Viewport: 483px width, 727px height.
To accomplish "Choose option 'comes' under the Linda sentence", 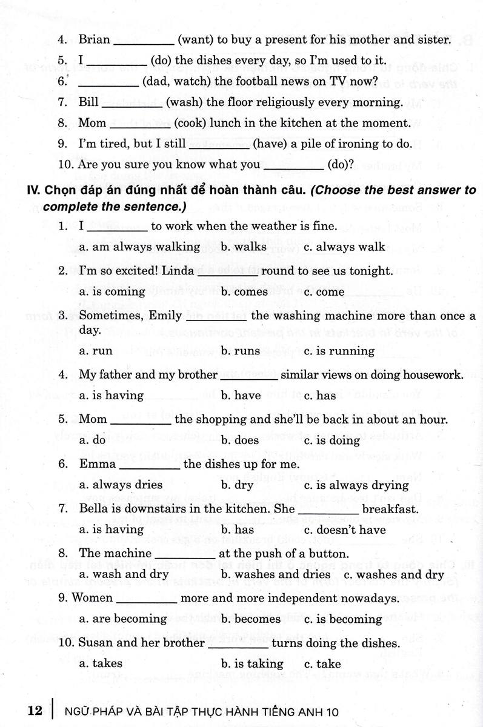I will click(249, 292).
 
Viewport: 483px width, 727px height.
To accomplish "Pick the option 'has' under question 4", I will click(325, 396).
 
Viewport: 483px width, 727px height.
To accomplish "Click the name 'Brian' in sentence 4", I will click(95, 40).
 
